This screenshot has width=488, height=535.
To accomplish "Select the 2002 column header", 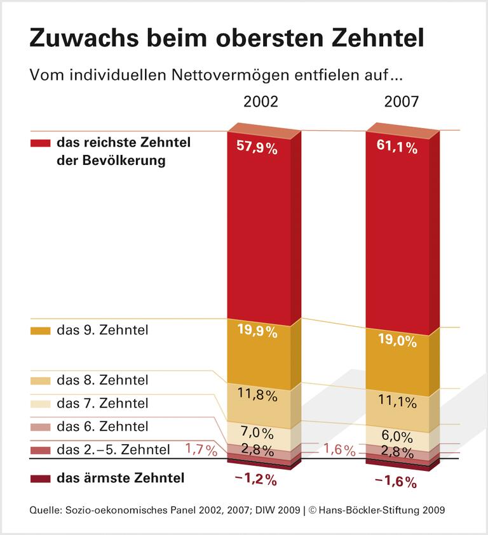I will [x=261, y=102].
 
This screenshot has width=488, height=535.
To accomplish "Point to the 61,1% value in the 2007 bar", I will [x=396, y=148].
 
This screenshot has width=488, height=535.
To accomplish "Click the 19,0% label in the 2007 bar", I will [x=396, y=341].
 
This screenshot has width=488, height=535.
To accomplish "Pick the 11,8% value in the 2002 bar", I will [x=257, y=395].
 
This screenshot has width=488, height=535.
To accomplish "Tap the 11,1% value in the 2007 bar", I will [x=396, y=401].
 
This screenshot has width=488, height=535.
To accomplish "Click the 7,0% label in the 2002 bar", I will [x=257, y=433].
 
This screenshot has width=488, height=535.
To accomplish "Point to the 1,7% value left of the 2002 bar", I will [x=201, y=451].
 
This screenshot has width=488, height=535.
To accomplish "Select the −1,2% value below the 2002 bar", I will [x=255, y=480].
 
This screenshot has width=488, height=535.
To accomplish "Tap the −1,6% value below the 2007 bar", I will [x=396, y=482].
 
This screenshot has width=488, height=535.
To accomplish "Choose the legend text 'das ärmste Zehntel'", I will [x=120, y=478].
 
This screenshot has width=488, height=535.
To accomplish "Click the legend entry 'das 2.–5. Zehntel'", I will [x=113, y=450].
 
